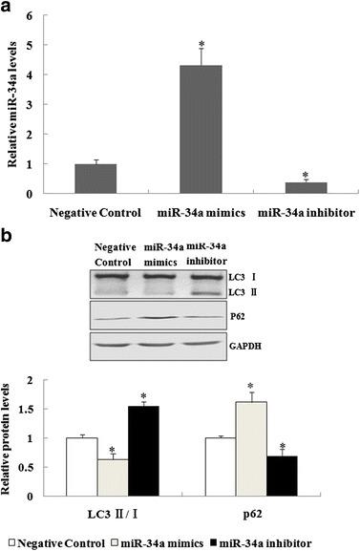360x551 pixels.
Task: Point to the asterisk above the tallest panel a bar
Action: pos(201,45)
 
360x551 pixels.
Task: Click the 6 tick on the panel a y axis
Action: pos(32,15)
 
